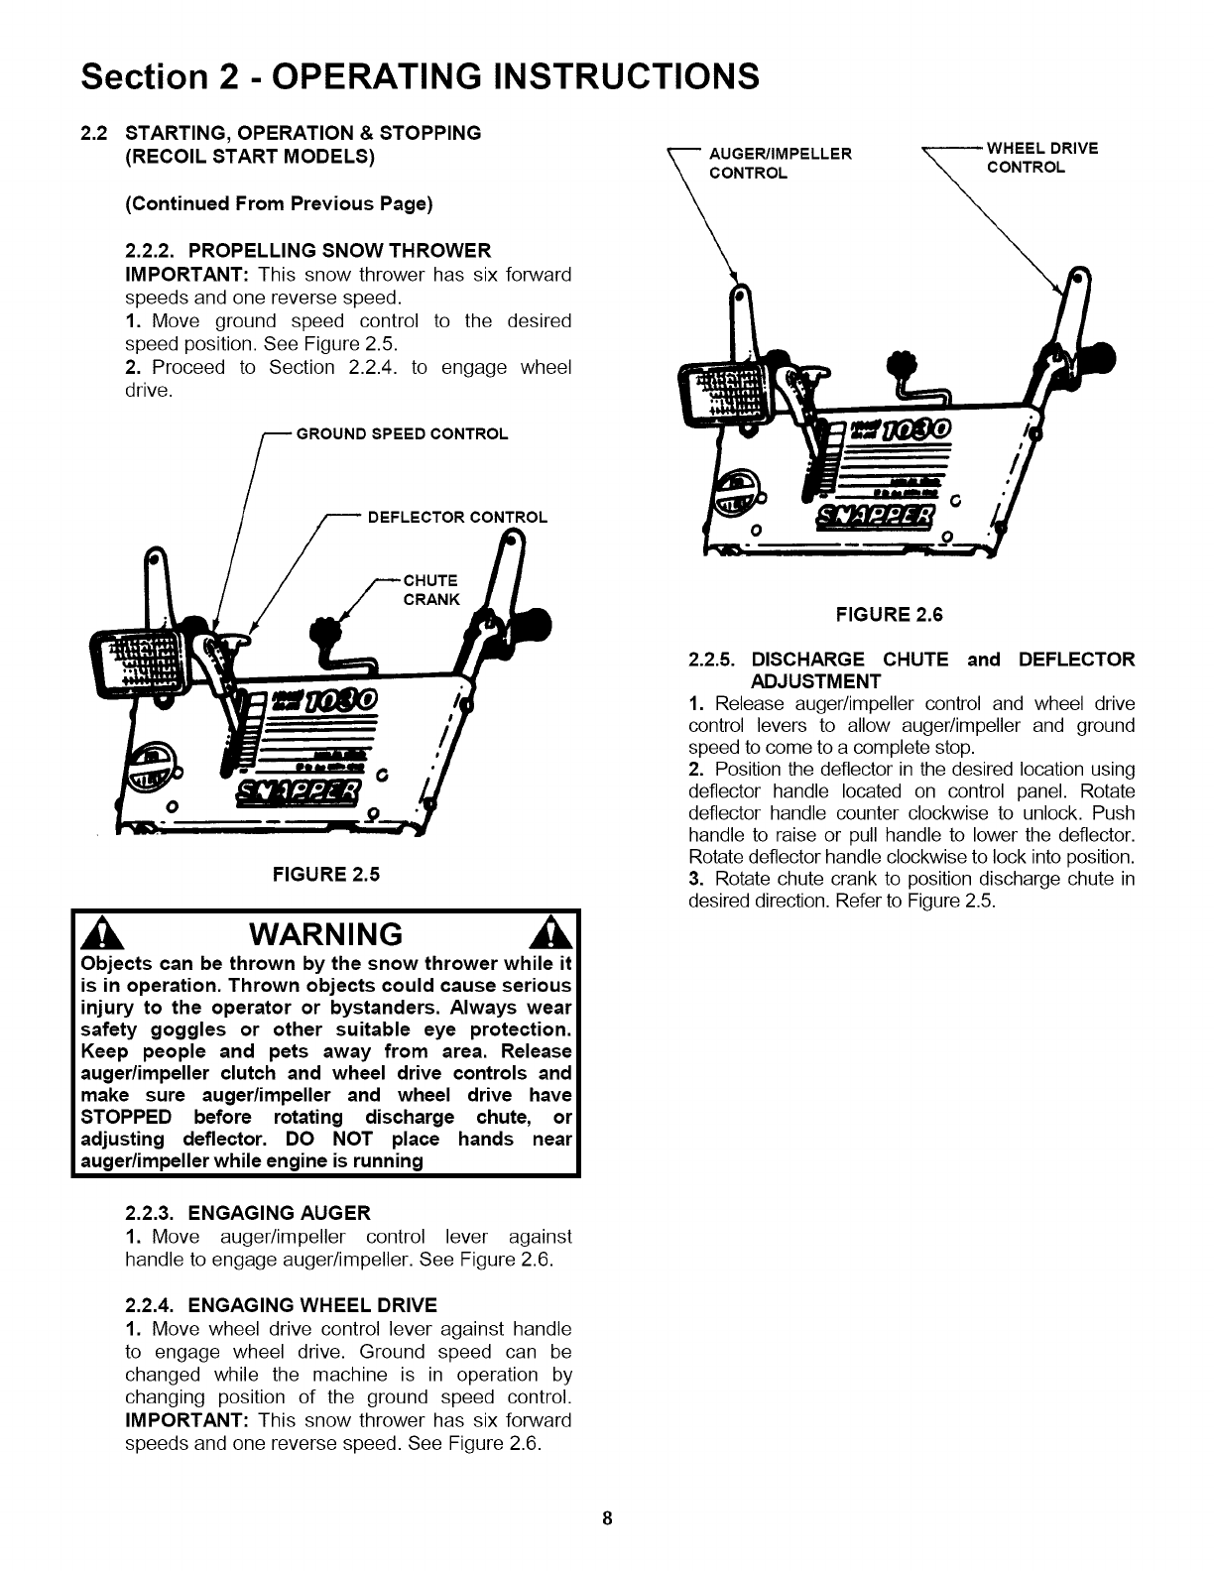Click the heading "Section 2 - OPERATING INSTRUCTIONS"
tap(421, 75)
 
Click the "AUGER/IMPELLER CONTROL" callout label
tap(779, 163)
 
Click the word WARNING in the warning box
tap(326, 934)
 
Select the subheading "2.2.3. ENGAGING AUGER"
tap(248, 1212)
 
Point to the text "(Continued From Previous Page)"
tap(279, 204)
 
